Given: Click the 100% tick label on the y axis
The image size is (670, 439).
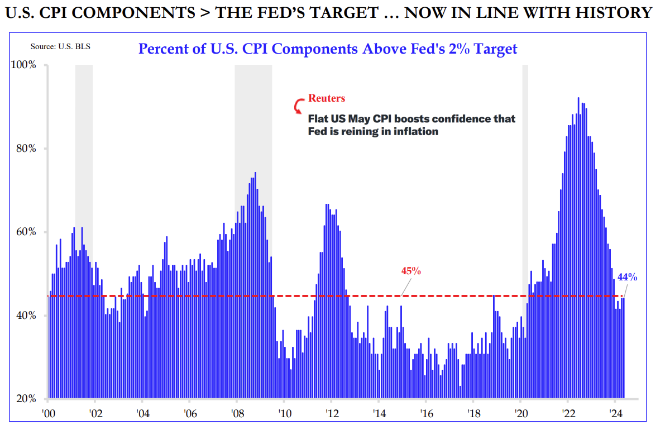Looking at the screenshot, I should pos(24,65).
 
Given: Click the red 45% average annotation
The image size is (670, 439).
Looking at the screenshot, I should pos(411,271).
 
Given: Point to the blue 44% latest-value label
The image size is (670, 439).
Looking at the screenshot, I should pos(627,277).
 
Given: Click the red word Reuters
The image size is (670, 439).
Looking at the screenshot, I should pos(327,98).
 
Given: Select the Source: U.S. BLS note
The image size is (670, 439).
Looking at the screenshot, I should pos(60,46).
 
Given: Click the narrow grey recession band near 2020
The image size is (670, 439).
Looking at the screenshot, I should pos(525,168).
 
